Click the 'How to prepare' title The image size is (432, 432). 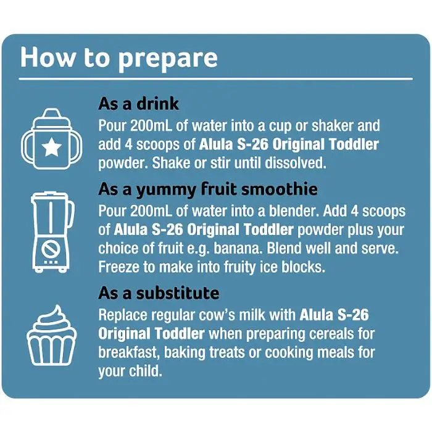pyautogui.click(x=119, y=59)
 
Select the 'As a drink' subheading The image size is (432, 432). pyautogui.click(x=139, y=104)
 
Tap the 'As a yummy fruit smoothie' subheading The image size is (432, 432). pyautogui.click(x=208, y=190)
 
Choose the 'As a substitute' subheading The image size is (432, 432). pyautogui.click(x=159, y=293)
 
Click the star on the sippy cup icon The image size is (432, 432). pyautogui.click(x=51, y=147)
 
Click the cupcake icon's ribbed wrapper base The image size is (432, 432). pyautogui.click(x=51, y=351)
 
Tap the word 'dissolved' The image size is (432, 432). pyautogui.click(x=296, y=163)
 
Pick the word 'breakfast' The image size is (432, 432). pyautogui.click(x=129, y=353)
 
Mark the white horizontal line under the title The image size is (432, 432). pyautogui.click(x=216, y=79)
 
